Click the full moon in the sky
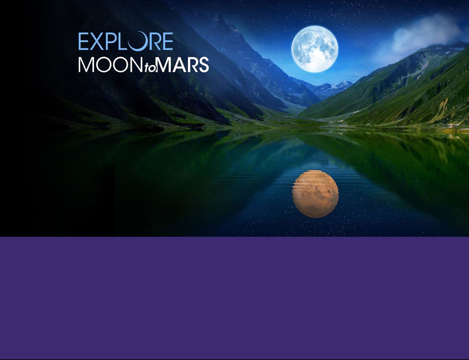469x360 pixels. point(315,49)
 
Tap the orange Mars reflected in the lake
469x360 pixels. point(315,194)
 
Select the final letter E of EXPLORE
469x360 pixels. point(167,41)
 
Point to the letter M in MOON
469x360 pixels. point(87,65)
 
